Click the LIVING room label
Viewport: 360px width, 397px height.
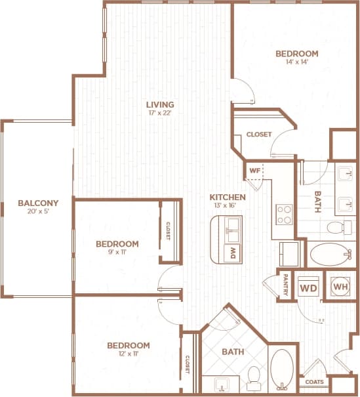tap(159, 104)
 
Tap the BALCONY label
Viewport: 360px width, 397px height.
tap(38, 203)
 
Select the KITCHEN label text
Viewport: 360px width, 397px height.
tap(228, 197)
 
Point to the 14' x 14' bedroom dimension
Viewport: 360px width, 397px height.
tap(296, 63)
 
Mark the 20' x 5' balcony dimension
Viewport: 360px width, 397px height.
tap(38, 212)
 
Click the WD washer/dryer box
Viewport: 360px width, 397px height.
tap(308, 287)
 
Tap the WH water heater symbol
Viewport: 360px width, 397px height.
tap(340, 287)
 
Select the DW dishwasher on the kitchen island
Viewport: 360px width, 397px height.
tap(231, 252)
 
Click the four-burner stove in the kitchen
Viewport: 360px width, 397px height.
tap(285, 214)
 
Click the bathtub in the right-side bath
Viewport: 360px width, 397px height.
tap(329, 253)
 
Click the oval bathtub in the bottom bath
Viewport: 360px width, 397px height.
tap(282, 369)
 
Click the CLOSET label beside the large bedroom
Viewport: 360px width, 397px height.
tap(258, 135)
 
